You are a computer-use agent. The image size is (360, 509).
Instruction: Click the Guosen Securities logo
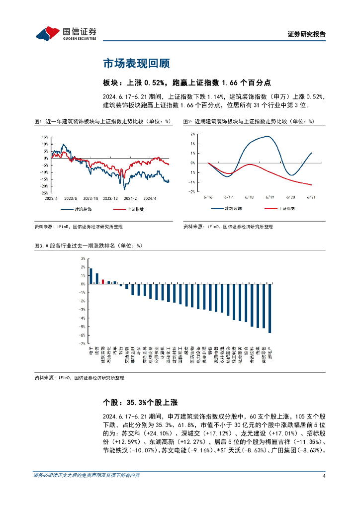pyautogui.click(x=66, y=33)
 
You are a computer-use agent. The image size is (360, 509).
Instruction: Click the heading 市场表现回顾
pyautogui.click(x=136, y=64)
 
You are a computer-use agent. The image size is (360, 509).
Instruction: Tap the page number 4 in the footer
pyautogui.click(x=324, y=476)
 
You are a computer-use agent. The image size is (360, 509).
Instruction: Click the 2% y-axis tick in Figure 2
pyautogui.click(x=192, y=134)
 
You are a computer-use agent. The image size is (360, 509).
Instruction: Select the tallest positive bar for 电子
pyautogui.click(x=91, y=276)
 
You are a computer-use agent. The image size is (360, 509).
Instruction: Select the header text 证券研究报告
pyautogui.click(x=307, y=34)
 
